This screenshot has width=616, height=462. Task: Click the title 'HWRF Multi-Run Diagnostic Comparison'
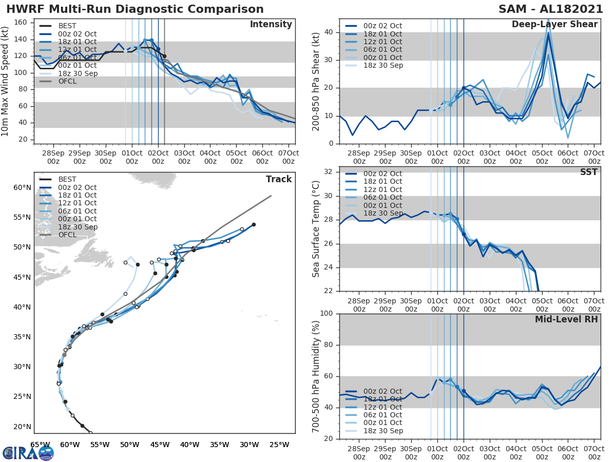(135, 9)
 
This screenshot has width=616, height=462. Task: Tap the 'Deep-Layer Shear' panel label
(554, 25)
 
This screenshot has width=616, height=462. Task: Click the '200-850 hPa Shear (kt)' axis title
(316, 81)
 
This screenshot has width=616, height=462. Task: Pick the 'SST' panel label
(589, 172)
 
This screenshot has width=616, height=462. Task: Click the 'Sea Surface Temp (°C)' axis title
(316, 228)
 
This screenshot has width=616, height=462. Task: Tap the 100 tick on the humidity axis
(327, 313)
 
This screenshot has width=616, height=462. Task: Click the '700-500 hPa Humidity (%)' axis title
(316, 376)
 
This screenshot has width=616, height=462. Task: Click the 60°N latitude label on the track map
(22, 187)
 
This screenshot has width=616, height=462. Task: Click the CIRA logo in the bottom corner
(28, 453)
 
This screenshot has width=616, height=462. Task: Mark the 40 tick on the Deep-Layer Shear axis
(329, 32)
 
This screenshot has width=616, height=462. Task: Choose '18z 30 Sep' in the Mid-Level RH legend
(383, 431)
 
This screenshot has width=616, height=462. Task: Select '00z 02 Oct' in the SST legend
(383, 174)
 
